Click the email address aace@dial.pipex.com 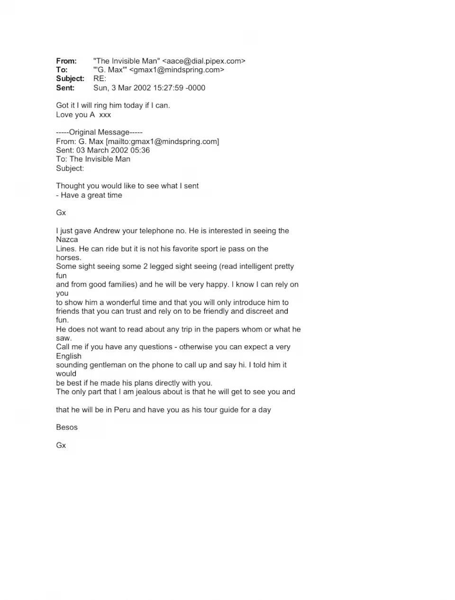(204, 61)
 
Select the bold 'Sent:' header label (65, 88)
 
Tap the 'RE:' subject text (100, 79)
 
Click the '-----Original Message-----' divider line (99, 132)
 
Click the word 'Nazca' (67, 240)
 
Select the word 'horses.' (69, 258)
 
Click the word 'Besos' (67, 427)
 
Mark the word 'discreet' (259, 311)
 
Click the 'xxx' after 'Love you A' (105, 115)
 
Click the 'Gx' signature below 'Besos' (61, 445)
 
